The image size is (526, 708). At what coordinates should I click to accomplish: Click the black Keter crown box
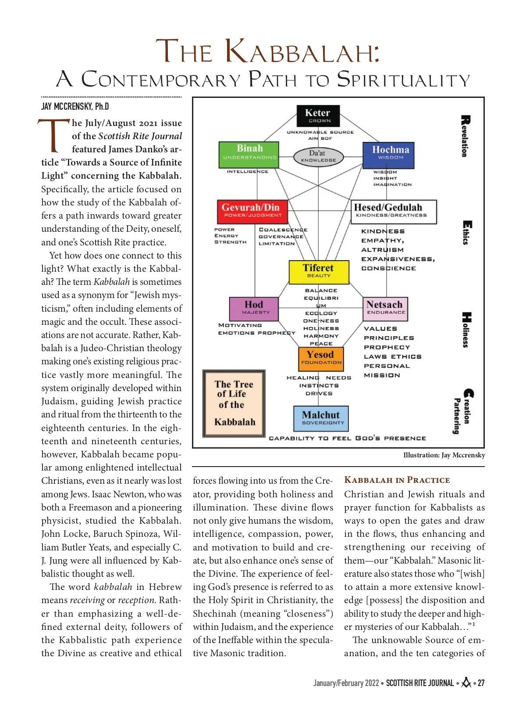[x=318, y=116]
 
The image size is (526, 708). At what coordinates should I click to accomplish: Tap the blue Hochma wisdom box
[x=389, y=155]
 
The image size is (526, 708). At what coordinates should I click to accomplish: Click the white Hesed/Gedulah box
[x=394, y=212]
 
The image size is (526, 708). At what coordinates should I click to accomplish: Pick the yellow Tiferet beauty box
[x=319, y=272]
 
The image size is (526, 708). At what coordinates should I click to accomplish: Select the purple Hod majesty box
[x=254, y=309]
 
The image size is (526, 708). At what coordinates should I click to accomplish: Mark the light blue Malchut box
[x=321, y=418]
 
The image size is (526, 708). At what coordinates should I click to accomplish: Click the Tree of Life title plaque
[x=234, y=403]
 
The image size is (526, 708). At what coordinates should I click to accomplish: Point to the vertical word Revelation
[x=465, y=136]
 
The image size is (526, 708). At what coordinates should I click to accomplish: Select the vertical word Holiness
[x=466, y=330]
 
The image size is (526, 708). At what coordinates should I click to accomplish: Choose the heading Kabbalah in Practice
[x=397, y=480]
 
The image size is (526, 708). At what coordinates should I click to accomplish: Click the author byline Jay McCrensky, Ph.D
[x=75, y=107]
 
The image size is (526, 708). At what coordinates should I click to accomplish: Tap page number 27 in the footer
[x=481, y=683]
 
